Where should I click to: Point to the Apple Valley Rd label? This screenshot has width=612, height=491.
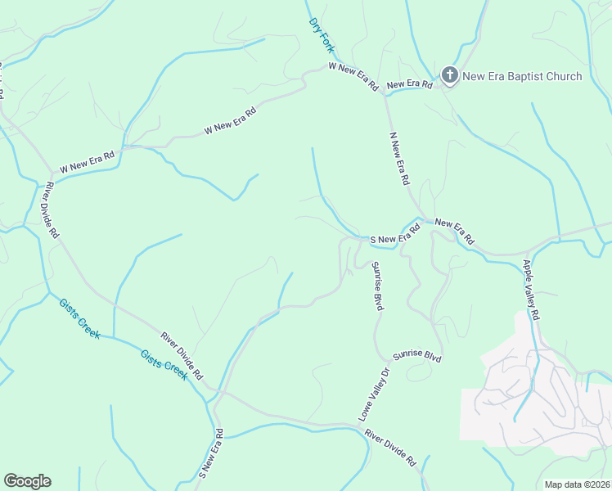click(532, 291)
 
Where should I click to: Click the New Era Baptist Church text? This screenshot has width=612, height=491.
click(522, 76)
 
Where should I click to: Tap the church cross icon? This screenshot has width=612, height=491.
click(449, 76)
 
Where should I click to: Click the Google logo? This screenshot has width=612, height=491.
click(27, 481)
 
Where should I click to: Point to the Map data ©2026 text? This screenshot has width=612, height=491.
click(578, 484)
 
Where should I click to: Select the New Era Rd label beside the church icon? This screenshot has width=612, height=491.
click(409, 84)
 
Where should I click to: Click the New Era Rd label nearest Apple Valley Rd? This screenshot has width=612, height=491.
click(454, 232)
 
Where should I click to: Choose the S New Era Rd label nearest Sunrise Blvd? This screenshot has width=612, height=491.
click(395, 235)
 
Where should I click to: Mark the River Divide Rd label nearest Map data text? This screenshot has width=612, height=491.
click(391, 448)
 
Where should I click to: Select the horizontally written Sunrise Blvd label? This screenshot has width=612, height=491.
click(416, 358)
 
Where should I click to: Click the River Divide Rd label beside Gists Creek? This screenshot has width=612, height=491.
click(182, 356)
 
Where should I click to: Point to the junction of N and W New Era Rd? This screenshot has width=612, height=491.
click(385, 95)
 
